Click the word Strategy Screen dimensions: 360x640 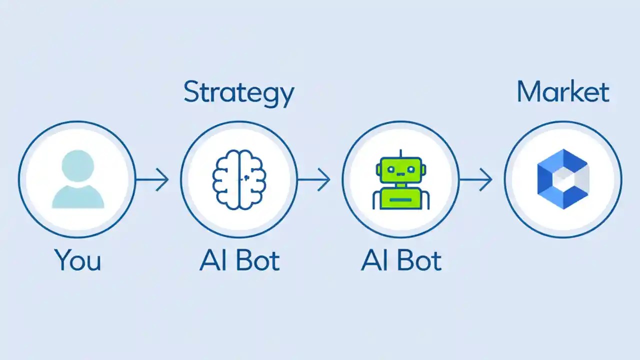click(238, 93)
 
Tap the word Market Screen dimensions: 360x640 click(563, 92)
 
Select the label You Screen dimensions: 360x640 click(77, 260)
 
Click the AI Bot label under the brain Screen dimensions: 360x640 click(239, 260)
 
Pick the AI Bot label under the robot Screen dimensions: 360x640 click(401, 260)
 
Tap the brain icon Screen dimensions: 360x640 click(239, 178)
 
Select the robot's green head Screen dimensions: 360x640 click(400, 170)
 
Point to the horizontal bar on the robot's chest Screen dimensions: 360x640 click(400, 199)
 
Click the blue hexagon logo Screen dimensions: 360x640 click(563, 179)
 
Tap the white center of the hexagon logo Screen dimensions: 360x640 click(563, 179)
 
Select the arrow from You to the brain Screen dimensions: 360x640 click(152, 179)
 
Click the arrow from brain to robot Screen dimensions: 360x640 click(314, 179)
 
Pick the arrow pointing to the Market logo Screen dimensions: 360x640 click(476, 179)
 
